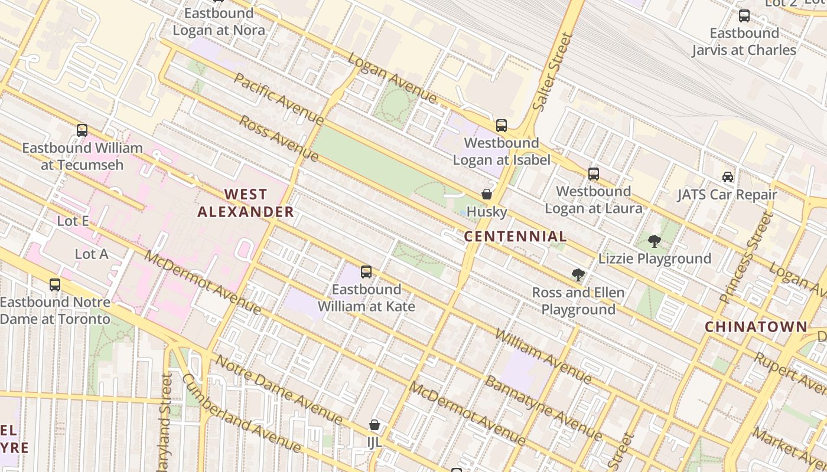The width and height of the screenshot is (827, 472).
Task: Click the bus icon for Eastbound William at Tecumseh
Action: click(82, 130)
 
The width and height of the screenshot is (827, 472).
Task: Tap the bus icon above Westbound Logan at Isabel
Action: click(502, 125)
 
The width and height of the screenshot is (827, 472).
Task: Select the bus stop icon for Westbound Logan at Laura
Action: click(594, 174)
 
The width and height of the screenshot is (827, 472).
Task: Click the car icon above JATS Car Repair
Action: click(728, 177)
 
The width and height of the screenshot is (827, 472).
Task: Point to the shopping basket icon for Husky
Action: click(487, 194)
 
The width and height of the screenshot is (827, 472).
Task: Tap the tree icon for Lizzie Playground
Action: click(655, 241)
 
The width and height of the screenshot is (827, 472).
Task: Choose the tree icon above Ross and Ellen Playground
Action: click(578, 275)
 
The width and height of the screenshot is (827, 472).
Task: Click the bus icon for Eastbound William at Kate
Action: click(366, 272)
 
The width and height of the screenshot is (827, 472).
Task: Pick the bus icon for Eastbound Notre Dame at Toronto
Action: click(55, 285)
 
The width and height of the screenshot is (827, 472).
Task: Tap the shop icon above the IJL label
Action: click(375, 425)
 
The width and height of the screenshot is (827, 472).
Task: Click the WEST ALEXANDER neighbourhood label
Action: click(245, 203)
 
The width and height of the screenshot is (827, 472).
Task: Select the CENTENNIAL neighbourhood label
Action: click(515, 237)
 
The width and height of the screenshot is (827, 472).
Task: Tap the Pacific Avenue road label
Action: click(279, 99)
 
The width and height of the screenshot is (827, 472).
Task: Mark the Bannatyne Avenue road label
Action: click(543, 408)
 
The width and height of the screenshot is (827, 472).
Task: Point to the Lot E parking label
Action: click(73, 221)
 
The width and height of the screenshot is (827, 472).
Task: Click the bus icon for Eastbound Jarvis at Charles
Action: click(744, 16)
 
